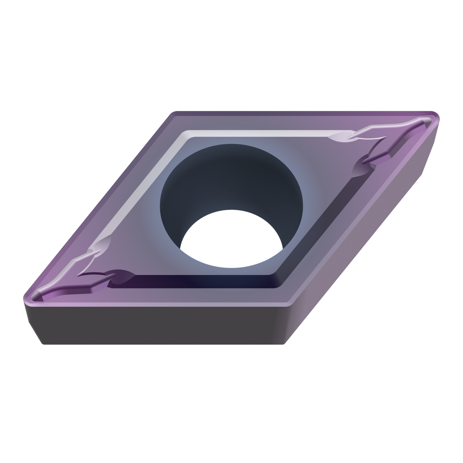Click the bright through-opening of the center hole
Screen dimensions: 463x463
coord(231,239)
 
